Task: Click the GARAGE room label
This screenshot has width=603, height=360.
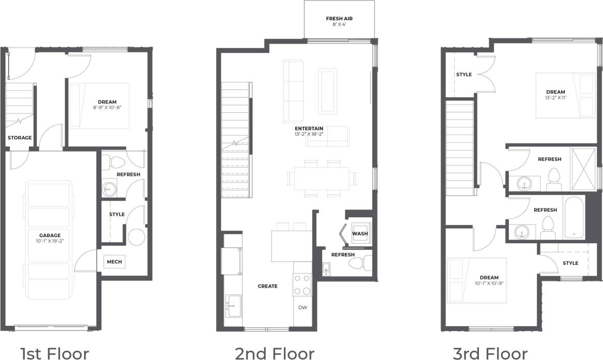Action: [50, 235]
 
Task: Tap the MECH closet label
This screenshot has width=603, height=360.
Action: [114, 262]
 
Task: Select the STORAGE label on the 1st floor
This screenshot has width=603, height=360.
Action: [20, 138]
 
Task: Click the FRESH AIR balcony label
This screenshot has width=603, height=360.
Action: [339, 19]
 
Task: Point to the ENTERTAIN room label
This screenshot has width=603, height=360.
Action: [309, 128]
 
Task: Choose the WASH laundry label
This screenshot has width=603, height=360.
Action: [360, 234]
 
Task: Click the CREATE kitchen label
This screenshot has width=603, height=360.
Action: [268, 286]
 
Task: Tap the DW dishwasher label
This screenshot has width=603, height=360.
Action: [302, 307]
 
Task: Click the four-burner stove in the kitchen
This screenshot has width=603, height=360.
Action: [302, 284]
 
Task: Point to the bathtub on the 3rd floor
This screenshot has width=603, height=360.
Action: [574, 217]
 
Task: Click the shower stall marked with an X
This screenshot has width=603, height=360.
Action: [583, 169]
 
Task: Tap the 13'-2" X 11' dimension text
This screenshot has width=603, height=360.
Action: [555, 98]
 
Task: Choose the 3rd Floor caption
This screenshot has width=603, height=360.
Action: [490, 353]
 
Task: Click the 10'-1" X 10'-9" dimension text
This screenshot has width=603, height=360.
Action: [489, 284]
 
